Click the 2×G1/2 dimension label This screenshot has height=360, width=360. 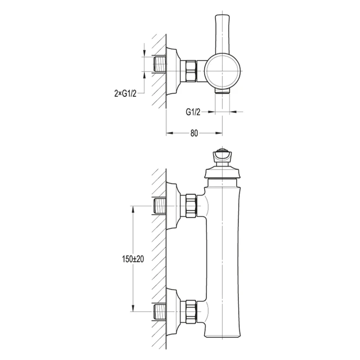point(126,94)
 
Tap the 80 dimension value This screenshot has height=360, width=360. point(194,133)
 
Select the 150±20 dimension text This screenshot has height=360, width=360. point(133,259)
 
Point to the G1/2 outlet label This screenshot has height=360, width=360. point(193,112)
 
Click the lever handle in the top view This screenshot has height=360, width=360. point(222,35)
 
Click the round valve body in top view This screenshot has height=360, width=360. point(222,71)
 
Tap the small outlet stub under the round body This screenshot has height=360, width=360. point(222,91)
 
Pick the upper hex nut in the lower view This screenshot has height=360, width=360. point(191,206)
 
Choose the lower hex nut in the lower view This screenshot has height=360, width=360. point(191,311)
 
